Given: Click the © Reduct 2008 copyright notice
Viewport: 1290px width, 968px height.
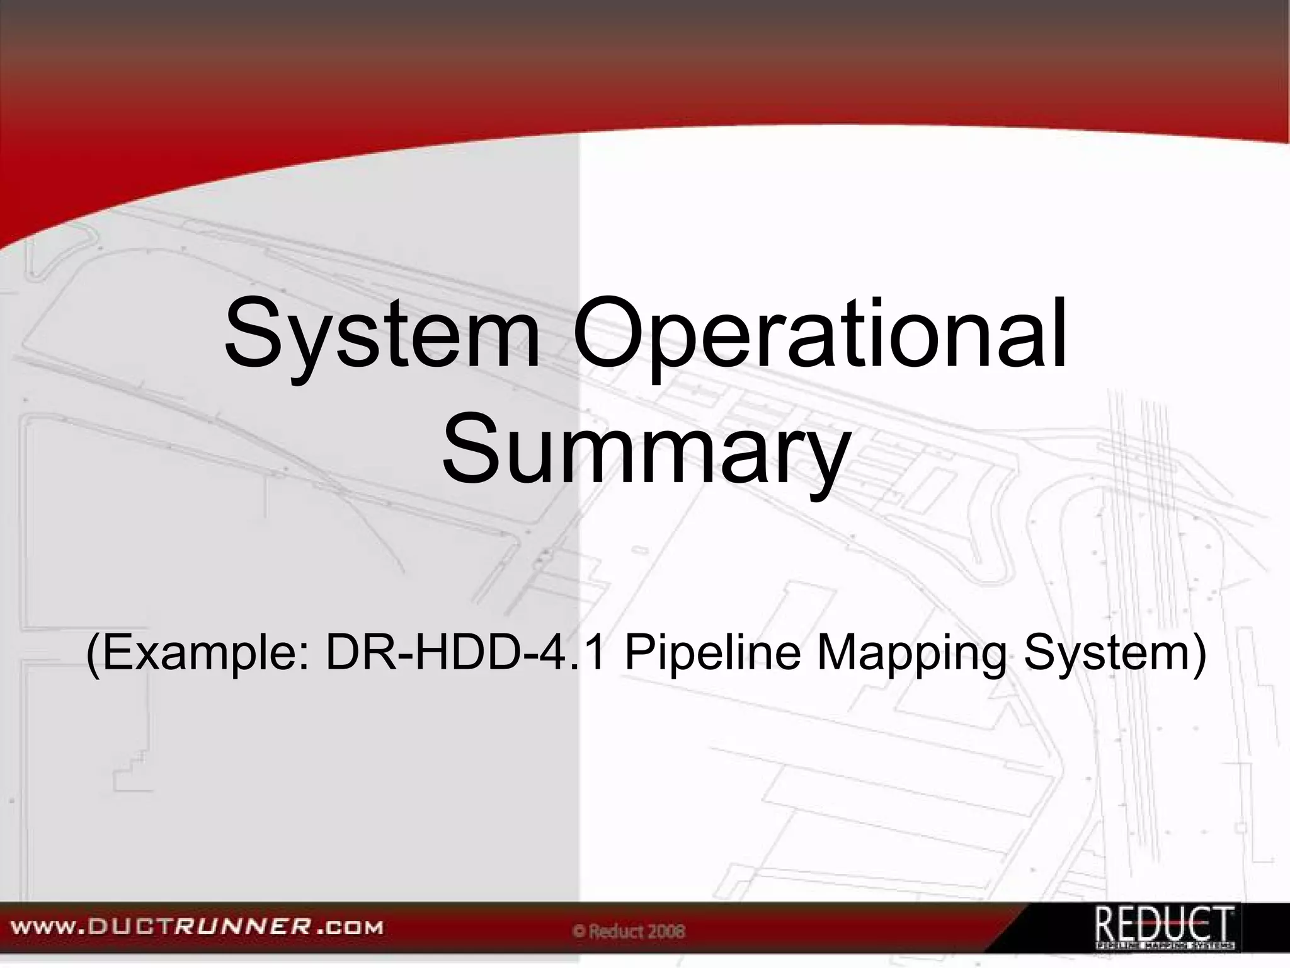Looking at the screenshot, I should [629, 931].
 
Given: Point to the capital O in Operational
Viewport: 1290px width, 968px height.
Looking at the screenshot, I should [609, 334].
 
